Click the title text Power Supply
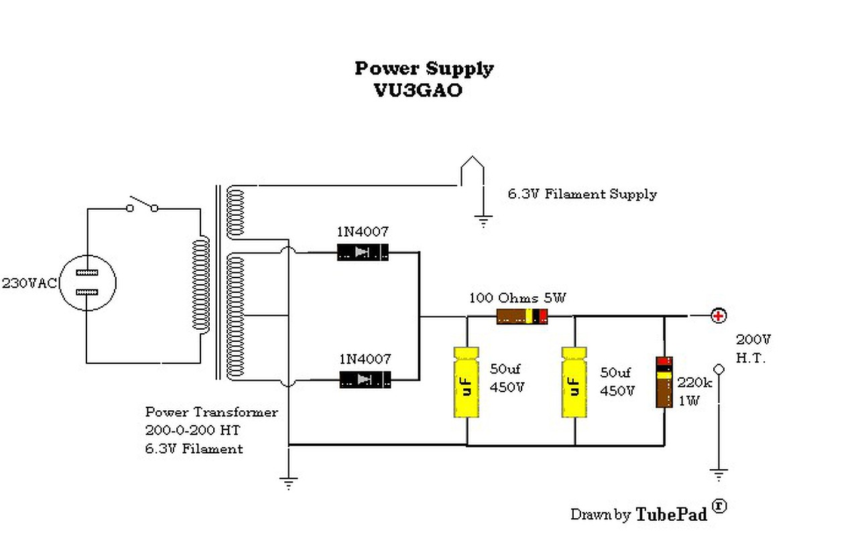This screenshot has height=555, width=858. (424, 69)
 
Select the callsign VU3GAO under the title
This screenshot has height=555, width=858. (418, 90)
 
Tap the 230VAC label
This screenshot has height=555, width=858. (29, 284)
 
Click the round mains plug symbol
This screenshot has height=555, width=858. (88, 283)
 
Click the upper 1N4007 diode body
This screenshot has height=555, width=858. (363, 253)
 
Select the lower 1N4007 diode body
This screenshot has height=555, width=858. (365, 380)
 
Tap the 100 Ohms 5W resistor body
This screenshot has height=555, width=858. (522, 317)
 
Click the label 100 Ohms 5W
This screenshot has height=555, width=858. (517, 298)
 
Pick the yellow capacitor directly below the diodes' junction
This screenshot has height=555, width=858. (466, 382)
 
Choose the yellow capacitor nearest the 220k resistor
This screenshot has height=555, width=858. (574, 382)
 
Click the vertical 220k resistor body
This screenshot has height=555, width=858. (664, 382)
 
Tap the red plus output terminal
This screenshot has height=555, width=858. (719, 316)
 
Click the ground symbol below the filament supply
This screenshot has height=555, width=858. (483, 222)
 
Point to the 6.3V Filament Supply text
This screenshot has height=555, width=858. (583, 194)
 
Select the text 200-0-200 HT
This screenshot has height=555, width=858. (192, 430)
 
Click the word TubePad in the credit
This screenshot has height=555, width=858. (672, 515)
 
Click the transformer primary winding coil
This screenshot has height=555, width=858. (200, 284)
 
